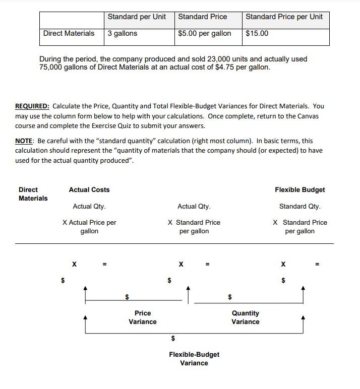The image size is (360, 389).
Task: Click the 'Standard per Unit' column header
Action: [x=137, y=17]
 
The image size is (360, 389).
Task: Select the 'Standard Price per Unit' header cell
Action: [x=284, y=17]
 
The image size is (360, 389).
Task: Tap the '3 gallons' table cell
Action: [x=123, y=33]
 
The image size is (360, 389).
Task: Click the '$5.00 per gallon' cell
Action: [x=205, y=33]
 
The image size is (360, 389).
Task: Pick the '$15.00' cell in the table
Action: [x=257, y=33]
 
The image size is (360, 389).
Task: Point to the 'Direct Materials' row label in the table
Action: [x=69, y=33]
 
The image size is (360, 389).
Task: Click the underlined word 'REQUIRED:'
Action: [x=32, y=106]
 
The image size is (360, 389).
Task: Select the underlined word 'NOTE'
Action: [x=25, y=141]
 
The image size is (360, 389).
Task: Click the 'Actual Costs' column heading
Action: [x=89, y=189]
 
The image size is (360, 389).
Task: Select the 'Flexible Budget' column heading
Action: [x=299, y=189]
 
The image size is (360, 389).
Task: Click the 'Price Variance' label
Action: [x=143, y=317]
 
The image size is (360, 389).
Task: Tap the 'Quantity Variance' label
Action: [x=246, y=317]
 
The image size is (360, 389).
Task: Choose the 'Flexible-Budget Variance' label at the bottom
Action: [x=194, y=359]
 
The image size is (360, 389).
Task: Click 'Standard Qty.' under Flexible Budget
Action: [x=299, y=206]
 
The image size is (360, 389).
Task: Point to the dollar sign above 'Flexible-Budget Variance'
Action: [x=173, y=338]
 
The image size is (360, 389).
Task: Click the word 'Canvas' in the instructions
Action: [x=308, y=116]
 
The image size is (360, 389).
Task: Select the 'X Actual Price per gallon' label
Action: [x=89, y=227]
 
